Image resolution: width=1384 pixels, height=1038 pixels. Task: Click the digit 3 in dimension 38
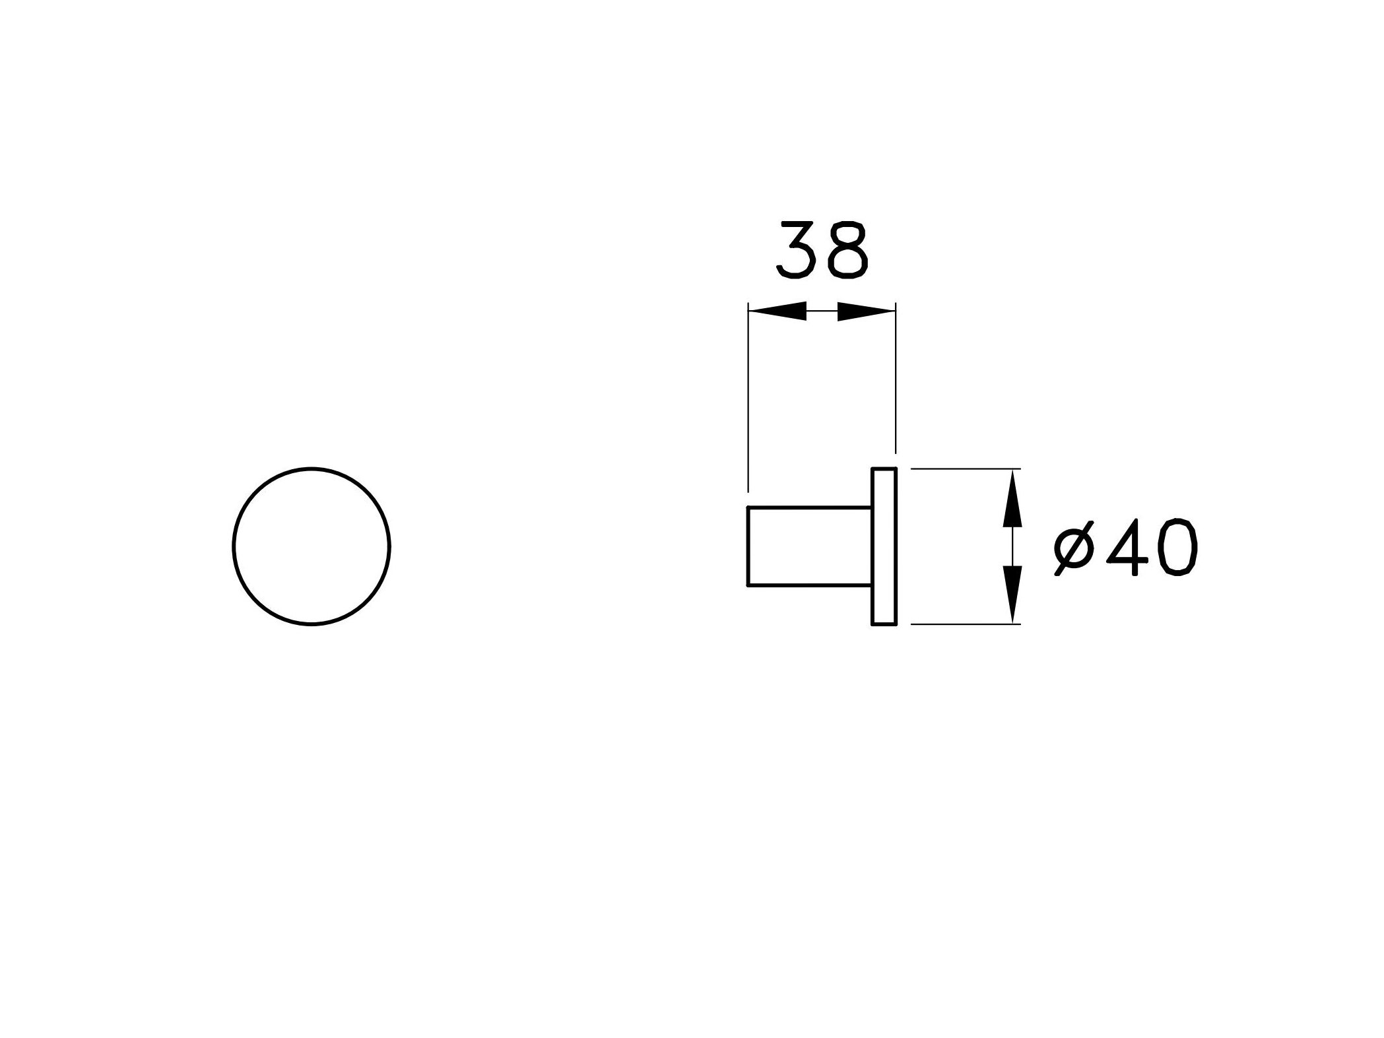point(797,251)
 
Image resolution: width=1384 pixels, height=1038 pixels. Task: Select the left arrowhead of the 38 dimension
point(777,311)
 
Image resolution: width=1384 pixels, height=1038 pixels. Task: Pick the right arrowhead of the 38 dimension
point(867,311)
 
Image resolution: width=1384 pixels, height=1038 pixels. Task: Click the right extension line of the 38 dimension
point(896,378)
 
